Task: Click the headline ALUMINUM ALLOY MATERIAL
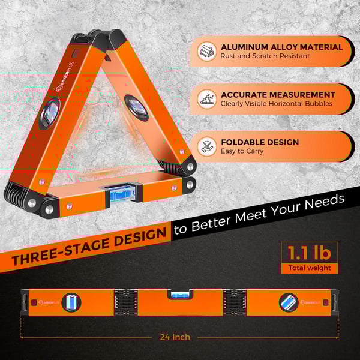(x=282, y=47)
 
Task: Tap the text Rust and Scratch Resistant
(x=265, y=56)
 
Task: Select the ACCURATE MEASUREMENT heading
(x=278, y=95)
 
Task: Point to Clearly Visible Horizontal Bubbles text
(x=277, y=104)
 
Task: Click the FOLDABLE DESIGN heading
(x=260, y=142)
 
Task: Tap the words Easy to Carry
(x=242, y=151)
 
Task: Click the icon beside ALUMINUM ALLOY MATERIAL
(x=207, y=52)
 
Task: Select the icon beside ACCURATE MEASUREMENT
(x=207, y=99)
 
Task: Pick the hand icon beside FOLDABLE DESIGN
(x=207, y=147)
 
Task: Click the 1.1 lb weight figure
(x=310, y=253)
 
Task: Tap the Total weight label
(x=310, y=268)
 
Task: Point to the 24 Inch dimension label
(x=175, y=337)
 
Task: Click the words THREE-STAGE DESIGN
(x=89, y=247)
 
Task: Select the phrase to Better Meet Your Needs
(x=259, y=214)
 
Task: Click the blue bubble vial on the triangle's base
(x=122, y=193)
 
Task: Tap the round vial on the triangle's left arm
(x=50, y=113)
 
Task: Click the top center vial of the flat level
(x=180, y=295)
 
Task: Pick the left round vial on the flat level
(x=71, y=302)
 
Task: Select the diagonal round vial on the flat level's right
(x=289, y=303)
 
